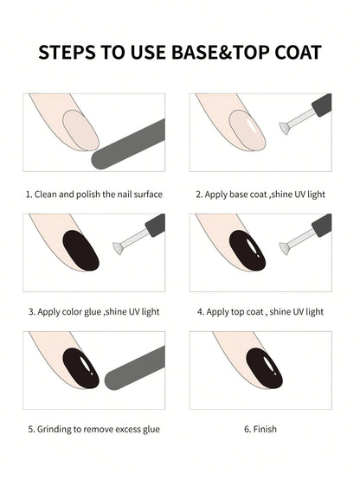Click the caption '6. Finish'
pyautogui.click(x=260, y=429)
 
